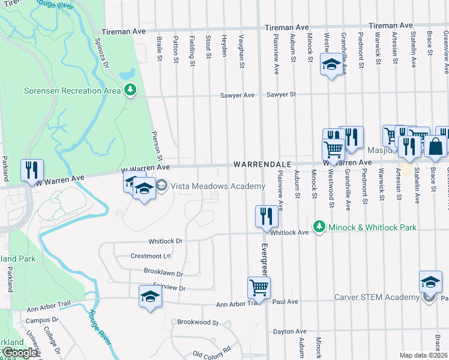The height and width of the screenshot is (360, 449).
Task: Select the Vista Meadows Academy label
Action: click(x=217, y=186)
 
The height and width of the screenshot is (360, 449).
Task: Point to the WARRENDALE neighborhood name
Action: click(x=262, y=164)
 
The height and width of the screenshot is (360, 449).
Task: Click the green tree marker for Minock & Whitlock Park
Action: click(x=319, y=227)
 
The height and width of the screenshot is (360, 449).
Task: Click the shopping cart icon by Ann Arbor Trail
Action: click(x=259, y=287)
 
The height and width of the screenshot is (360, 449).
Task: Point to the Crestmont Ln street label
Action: click(x=151, y=256)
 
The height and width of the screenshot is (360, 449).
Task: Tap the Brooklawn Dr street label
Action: click(x=163, y=273)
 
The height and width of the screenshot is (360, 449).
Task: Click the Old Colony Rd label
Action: click(x=211, y=350)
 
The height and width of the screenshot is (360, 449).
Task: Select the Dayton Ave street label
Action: click(x=289, y=331)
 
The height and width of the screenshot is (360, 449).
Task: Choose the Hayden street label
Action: click(x=224, y=47)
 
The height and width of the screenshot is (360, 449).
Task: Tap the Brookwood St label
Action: click(x=198, y=322)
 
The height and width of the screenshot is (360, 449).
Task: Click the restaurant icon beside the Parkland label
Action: click(x=32, y=170)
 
